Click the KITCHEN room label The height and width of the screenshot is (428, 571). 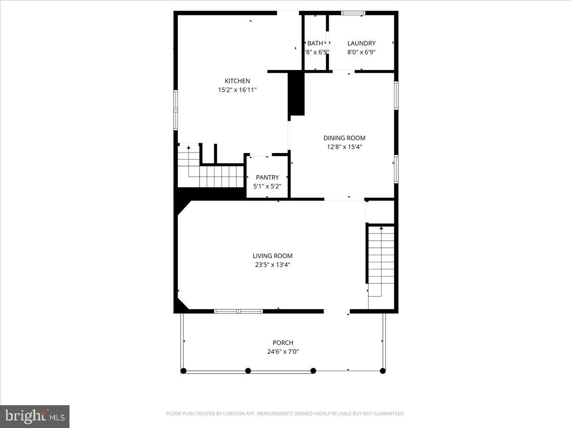237,81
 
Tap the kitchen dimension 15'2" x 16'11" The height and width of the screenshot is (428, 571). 237,89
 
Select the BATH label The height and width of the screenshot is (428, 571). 315,43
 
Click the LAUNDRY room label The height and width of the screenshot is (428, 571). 361,43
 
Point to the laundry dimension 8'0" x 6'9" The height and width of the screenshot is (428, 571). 361,52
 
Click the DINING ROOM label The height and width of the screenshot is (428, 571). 345,138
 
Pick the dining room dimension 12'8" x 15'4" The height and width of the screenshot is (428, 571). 345,147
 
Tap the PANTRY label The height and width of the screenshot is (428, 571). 267,177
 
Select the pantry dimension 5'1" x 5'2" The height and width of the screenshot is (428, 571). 267,186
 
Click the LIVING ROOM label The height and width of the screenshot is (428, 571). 272,256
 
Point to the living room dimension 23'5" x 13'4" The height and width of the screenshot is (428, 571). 272,265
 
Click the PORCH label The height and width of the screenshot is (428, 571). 283,342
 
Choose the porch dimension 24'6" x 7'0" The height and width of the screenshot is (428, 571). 283,352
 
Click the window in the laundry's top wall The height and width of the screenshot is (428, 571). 353,13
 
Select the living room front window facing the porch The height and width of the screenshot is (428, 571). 238,311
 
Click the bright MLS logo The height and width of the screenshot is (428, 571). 35,417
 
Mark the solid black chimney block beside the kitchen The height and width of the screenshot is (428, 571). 296,93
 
